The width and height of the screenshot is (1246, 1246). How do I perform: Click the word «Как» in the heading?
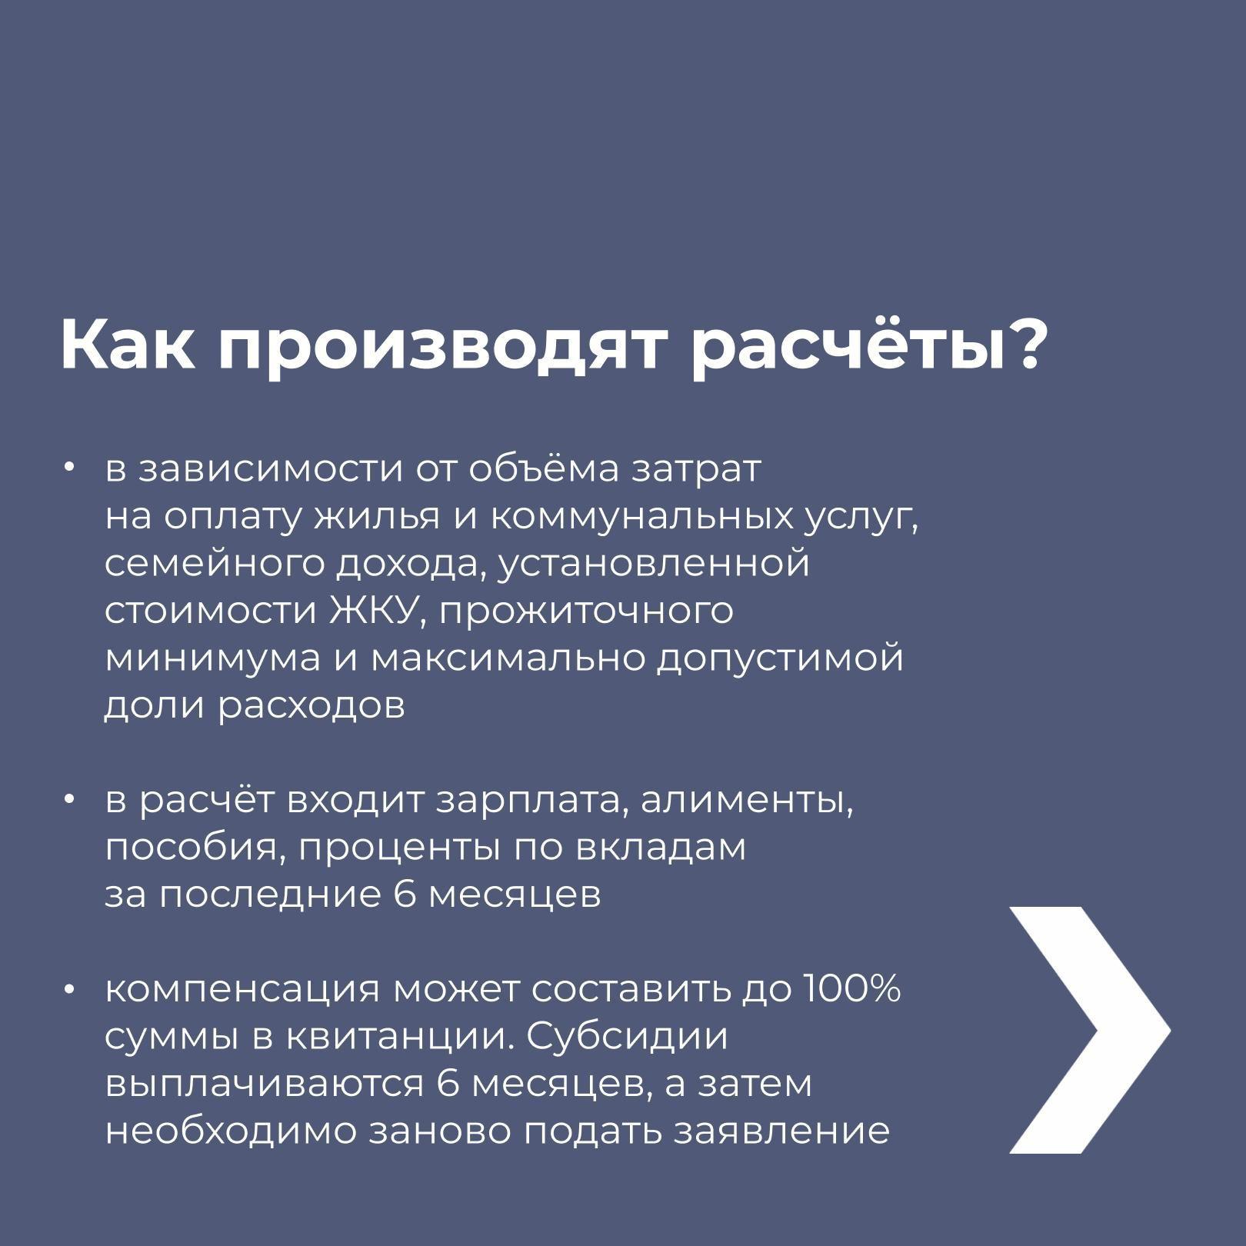[x=128, y=344]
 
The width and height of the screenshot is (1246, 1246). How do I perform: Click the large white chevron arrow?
[x=1089, y=1030]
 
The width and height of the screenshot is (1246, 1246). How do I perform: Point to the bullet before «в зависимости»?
[x=69, y=468]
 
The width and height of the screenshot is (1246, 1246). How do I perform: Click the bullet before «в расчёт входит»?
[x=69, y=800]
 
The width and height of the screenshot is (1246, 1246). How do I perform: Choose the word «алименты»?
[x=748, y=801]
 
